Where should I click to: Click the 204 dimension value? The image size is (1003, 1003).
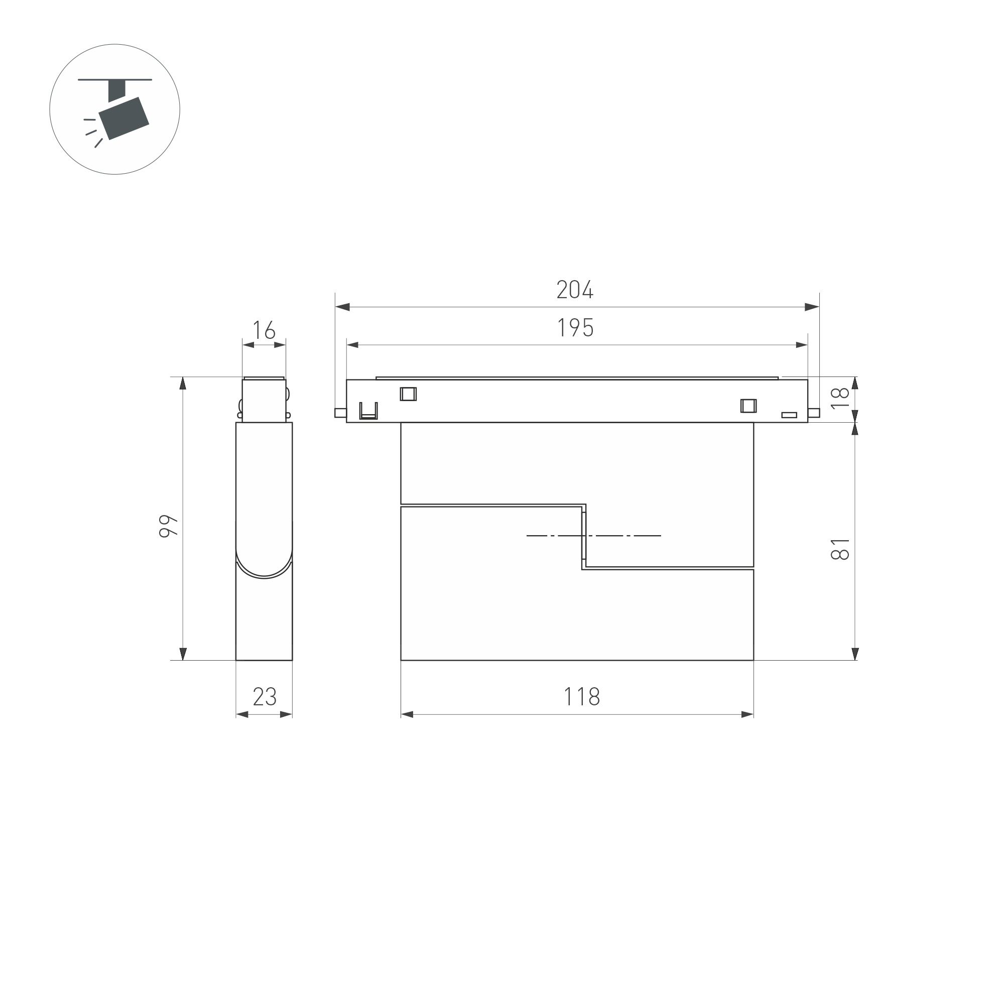click(575, 290)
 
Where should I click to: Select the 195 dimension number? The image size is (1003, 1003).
click(575, 328)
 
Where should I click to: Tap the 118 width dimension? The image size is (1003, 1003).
click(581, 697)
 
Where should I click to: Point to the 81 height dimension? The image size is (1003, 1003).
click(839, 549)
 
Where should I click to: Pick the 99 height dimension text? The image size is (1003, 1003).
click(168, 526)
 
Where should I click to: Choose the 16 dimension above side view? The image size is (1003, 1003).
click(264, 330)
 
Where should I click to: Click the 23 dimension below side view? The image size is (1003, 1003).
click(264, 697)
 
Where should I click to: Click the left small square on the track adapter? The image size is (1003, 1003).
click(408, 394)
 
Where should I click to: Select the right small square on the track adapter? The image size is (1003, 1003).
click(748, 406)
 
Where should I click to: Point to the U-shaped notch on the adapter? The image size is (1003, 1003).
click(368, 411)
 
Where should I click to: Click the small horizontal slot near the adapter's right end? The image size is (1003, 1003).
click(789, 415)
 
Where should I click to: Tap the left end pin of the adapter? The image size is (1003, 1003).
click(340, 413)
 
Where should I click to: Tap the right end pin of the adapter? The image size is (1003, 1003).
click(814, 413)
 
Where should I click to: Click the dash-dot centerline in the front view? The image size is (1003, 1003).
click(593, 535)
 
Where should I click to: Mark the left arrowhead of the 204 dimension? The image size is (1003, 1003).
click(342, 307)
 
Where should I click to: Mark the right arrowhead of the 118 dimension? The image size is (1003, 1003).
click(747, 715)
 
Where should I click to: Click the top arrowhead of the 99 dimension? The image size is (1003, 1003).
click(183, 383)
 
